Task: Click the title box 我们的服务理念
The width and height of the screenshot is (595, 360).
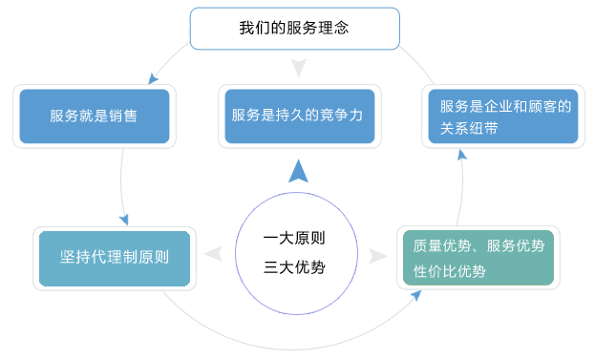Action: [292, 29]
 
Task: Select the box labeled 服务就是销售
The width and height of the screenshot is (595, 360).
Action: [93, 116]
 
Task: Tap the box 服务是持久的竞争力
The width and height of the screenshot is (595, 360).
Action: [297, 116]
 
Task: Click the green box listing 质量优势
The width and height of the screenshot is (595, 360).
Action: [478, 258]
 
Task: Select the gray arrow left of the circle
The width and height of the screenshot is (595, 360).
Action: [214, 254]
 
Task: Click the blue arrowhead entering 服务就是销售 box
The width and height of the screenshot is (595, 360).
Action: [152, 79]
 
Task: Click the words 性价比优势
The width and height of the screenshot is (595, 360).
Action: [449, 271]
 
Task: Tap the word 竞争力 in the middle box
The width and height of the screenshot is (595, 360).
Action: [341, 116]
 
